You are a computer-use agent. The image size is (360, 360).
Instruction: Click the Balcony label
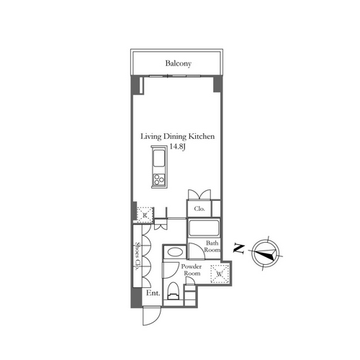(179, 63)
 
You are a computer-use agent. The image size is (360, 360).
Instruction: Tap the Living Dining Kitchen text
(177, 136)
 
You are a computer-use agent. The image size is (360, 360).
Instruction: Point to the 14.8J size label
(178, 146)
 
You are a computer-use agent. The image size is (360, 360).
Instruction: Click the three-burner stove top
(158, 179)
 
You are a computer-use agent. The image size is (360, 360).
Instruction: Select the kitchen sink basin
(159, 158)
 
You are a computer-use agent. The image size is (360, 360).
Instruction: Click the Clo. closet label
(199, 209)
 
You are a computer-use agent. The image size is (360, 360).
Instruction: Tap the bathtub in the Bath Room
(204, 228)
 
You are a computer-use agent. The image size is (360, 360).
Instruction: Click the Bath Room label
(212, 246)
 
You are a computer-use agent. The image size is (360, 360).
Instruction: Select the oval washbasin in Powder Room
(175, 252)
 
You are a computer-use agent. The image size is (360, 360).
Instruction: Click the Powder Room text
(192, 270)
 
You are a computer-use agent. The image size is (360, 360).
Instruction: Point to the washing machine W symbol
(220, 274)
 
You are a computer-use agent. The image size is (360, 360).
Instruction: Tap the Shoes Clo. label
(138, 256)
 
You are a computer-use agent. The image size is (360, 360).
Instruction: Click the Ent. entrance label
(153, 293)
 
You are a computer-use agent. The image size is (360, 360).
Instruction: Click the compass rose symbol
(266, 253)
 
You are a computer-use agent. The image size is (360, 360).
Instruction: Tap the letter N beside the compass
(239, 249)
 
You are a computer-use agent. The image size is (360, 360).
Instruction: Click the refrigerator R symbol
(145, 215)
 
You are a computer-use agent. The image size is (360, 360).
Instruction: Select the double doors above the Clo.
(199, 194)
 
